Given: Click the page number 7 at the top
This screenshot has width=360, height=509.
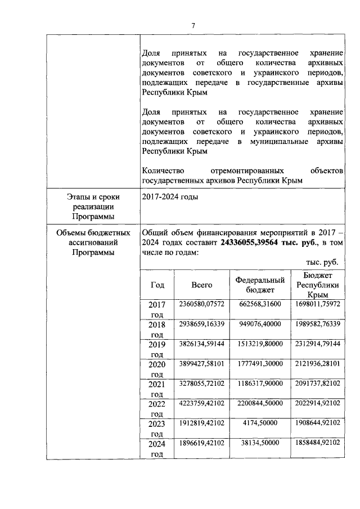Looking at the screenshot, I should pyautogui.click(x=193, y=26).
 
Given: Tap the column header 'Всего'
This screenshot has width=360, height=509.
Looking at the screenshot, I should pyautogui.click(x=201, y=285).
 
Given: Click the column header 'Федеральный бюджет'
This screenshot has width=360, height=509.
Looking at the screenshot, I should pyautogui.click(x=259, y=285).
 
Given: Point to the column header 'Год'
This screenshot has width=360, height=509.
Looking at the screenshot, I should pyautogui.click(x=157, y=285).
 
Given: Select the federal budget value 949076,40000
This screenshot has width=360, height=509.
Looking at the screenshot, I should pyautogui.click(x=259, y=324).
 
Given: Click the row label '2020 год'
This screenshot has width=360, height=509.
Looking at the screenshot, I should pyautogui.click(x=157, y=369).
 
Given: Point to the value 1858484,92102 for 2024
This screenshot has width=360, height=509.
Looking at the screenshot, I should pyautogui.click(x=318, y=443).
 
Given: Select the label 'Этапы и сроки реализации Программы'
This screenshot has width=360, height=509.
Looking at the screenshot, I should pyautogui.click(x=92, y=207).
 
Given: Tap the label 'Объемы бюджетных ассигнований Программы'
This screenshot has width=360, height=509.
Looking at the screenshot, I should pyautogui.click(x=92, y=242).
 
